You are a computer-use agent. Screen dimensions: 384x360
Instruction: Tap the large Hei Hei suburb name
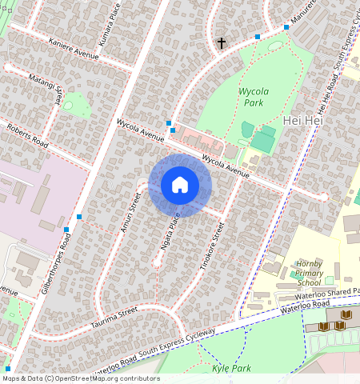point(302,120)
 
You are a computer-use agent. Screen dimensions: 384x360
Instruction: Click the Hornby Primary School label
point(309,273)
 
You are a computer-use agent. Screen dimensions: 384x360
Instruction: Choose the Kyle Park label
point(232,369)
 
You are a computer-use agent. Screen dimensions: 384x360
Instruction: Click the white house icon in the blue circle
point(180,185)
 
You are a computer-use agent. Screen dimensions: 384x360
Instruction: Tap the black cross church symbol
point(222,42)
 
